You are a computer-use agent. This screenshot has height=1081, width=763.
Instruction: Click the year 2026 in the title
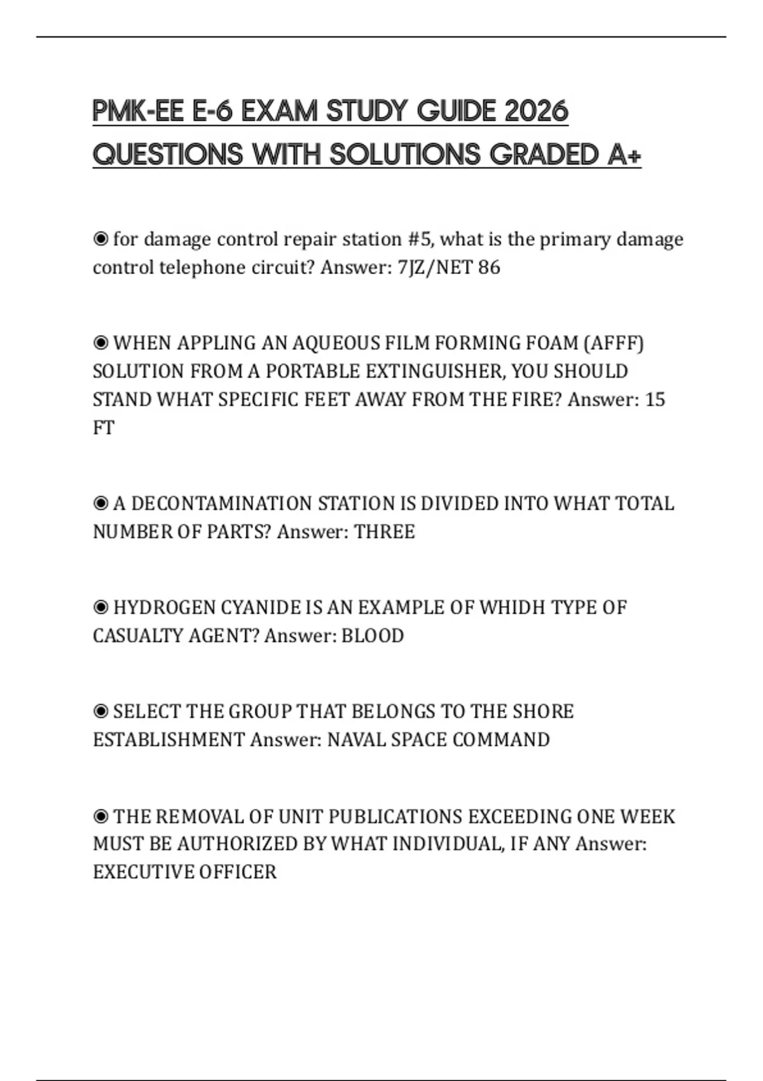tap(536, 111)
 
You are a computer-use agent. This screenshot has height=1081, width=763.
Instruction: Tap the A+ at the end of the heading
tap(624, 155)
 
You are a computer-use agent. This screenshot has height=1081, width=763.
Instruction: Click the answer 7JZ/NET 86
tap(449, 267)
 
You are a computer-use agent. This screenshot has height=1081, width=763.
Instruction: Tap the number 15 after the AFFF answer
tap(655, 399)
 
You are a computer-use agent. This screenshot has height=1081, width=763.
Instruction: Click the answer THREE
tap(384, 532)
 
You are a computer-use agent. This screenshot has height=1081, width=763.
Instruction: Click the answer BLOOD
tap(373, 636)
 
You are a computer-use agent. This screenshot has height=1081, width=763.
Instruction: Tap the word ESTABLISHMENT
tap(168, 740)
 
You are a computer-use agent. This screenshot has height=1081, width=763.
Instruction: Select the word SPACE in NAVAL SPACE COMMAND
tap(419, 740)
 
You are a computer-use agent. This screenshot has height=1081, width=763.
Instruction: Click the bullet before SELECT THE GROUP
tap(100, 712)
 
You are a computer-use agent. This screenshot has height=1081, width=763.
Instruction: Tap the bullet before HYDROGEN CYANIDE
tap(100, 608)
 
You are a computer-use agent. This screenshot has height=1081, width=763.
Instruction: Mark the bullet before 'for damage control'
tap(100, 239)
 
